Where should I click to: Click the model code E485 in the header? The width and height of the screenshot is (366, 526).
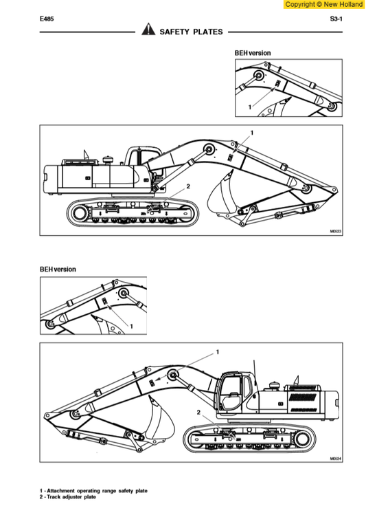pyautogui.click(x=47, y=20)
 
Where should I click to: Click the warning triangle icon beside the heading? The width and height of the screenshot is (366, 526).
pyautogui.click(x=148, y=30)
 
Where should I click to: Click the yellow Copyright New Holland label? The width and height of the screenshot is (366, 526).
pyautogui.click(x=323, y=4)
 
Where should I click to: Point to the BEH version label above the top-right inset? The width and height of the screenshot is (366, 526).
pyautogui.click(x=253, y=53)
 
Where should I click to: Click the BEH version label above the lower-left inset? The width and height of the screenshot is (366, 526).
pyautogui.click(x=58, y=270)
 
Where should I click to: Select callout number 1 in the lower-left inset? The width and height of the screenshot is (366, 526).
pyautogui.click(x=131, y=325)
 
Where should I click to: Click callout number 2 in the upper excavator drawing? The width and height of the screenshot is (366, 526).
pyautogui.click(x=187, y=186)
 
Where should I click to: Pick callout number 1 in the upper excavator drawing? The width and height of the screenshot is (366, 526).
pyautogui.click(x=251, y=131)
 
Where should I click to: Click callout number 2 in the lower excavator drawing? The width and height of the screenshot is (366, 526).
pyautogui.click(x=198, y=412)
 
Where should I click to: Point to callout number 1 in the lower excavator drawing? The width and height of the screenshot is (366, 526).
pyautogui.click(x=218, y=352)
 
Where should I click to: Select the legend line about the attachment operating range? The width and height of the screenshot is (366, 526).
pyautogui.click(x=93, y=491)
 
